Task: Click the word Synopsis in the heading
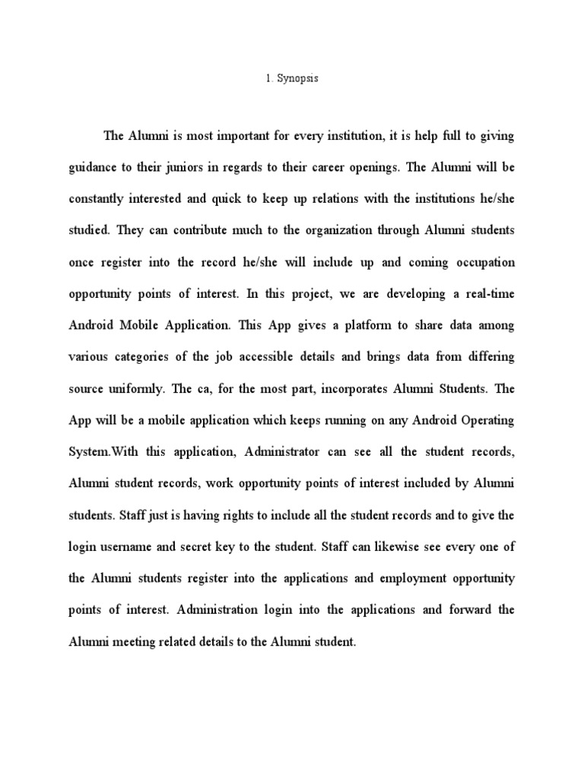297,79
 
